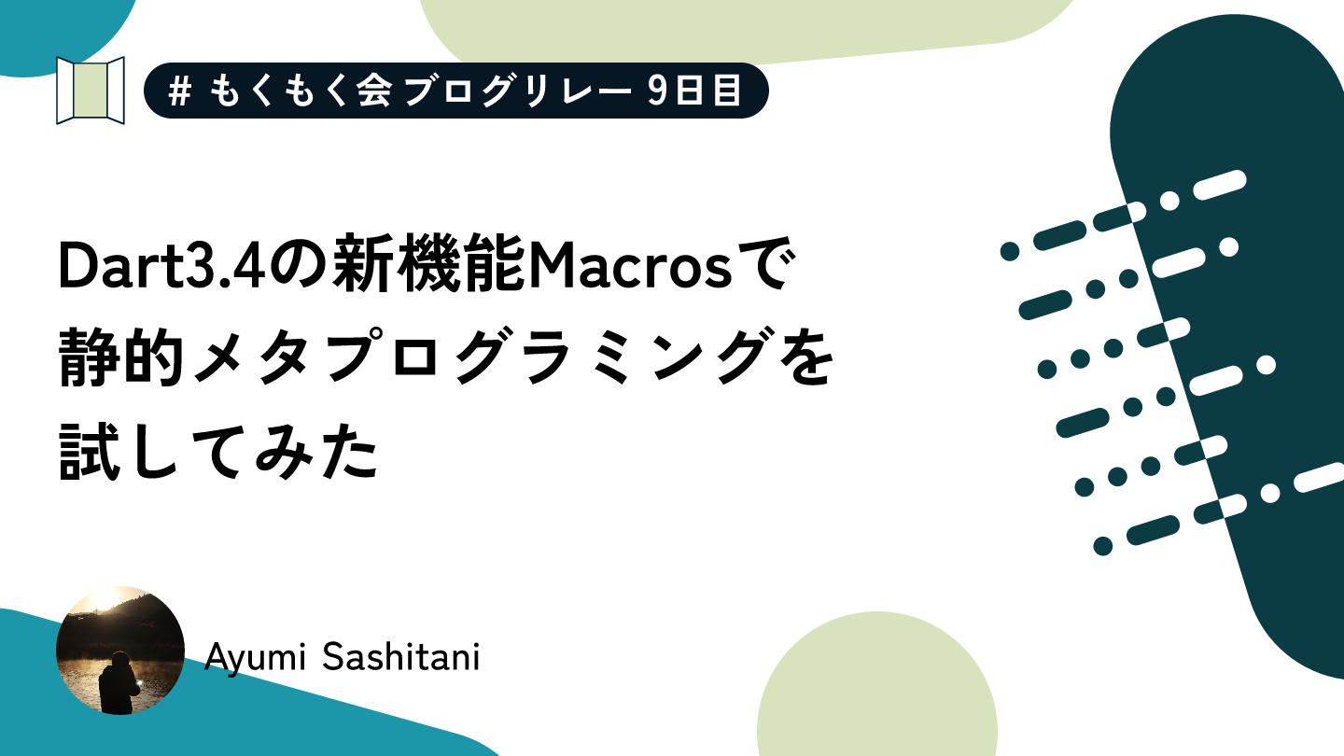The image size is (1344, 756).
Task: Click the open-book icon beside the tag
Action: click(x=90, y=91)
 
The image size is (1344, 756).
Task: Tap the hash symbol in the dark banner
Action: click(x=179, y=91)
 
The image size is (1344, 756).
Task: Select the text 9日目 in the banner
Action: click(x=694, y=91)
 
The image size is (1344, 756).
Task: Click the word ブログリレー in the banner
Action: click(x=519, y=91)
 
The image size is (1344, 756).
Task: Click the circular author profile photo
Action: click(x=120, y=651)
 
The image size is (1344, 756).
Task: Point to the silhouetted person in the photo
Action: click(x=119, y=683)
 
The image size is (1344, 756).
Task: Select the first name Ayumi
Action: click(x=255, y=658)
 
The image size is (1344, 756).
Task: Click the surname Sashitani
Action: click(x=400, y=656)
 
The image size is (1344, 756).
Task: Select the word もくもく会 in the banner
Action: click(x=301, y=91)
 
